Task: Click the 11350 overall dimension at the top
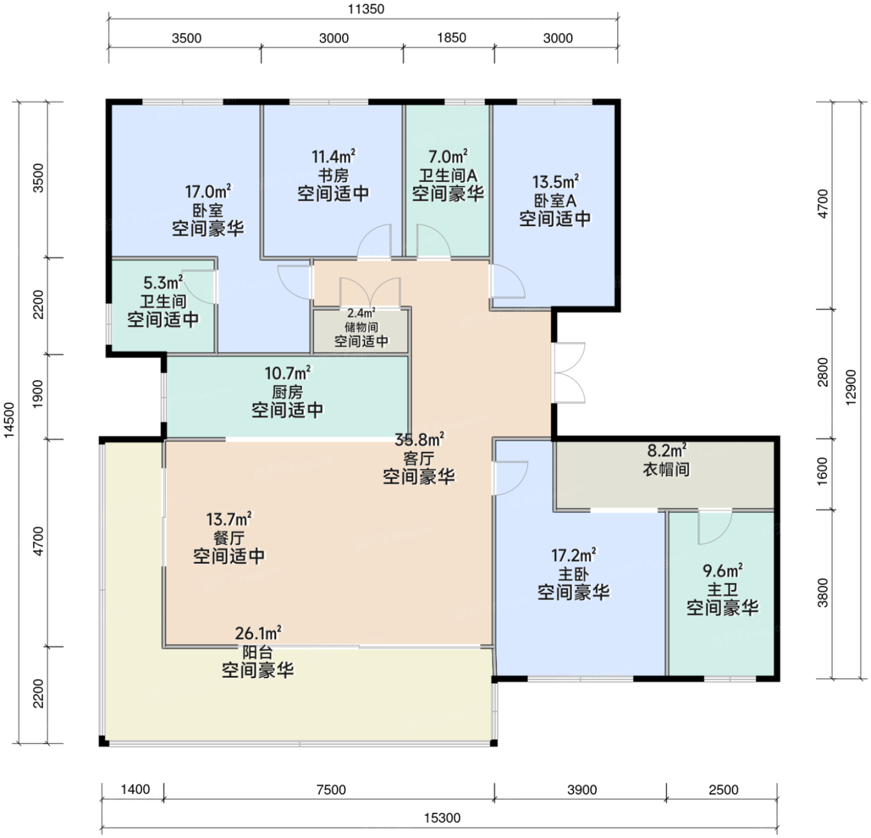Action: click(x=366, y=9)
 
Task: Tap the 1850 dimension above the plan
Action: click(x=451, y=37)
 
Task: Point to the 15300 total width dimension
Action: click(x=442, y=818)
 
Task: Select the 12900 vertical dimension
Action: click(x=850, y=388)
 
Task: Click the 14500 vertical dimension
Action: click(x=9, y=420)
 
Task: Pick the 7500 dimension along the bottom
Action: click(x=331, y=790)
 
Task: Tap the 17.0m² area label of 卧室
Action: click(x=208, y=191)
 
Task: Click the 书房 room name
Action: click(x=333, y=175)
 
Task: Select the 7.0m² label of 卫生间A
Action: click(x=447, y=157)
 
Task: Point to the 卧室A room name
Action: click(x=555, y=200)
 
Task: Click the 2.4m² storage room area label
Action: click(x=361, y=313)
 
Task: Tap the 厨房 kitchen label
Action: click(x=287, y=392)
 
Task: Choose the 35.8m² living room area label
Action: click(x=419, y=440)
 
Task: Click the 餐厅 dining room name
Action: click(x=229, y=538)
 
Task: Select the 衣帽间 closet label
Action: click(x=666, y=469)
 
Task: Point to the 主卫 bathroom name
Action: click(x=722, y=589)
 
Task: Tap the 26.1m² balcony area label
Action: click(x=258, y=633)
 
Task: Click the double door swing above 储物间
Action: click(x=370, y=293)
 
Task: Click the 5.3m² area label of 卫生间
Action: click(x=163, y=283)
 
